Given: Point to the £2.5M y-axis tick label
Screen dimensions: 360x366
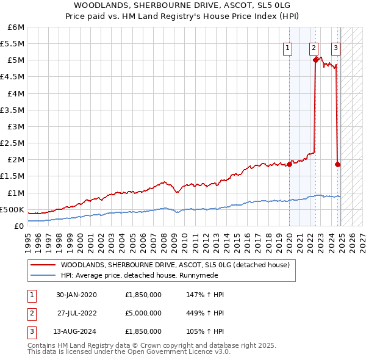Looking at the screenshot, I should tap(12, 143).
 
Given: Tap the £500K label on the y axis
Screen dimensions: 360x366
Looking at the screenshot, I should tap(12, 209).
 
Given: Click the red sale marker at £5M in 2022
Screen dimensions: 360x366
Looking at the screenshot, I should tap(315, 60).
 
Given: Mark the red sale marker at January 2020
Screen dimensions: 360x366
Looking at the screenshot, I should tap(289, 164).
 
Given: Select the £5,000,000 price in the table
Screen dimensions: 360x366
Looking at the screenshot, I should tap(143, 313).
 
